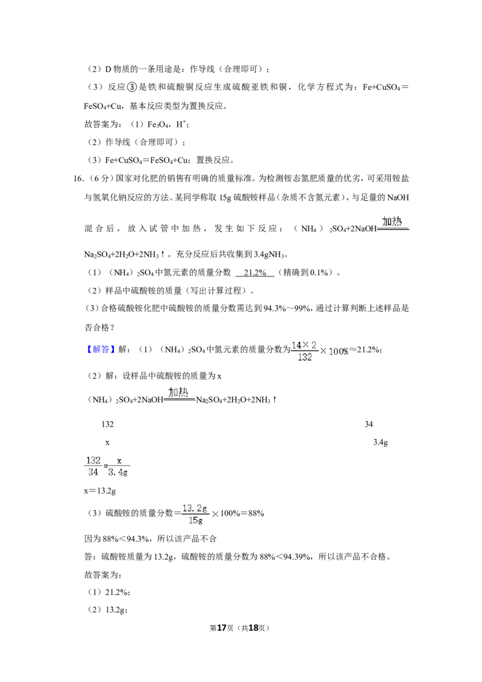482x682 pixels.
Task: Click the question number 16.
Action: click(x=78, y=179)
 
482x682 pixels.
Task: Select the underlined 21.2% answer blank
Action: click(x=255, y=273)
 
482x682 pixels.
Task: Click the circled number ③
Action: click(x=132, y=87)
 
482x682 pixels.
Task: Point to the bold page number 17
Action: click(x=222, y=628)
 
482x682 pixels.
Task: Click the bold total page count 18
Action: click(x=253, y=628)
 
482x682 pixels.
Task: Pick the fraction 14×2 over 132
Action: click(x=304, y=351)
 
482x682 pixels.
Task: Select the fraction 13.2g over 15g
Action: click(x=195, y=514)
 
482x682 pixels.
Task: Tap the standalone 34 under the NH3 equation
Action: click(x=369, y=424)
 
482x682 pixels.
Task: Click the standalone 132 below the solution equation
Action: click(x=107, y=424)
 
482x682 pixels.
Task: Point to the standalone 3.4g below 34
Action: click(x=381, y=442)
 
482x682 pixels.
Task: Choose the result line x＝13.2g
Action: click(x=100, y=490)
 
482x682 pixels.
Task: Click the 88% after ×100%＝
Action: click(x=256, y=513)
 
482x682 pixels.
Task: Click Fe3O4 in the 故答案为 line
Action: click(x=158, y=125)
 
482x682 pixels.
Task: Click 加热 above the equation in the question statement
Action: click(x=392, y=221)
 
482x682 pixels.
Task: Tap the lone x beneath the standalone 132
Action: click(x=107, y=443)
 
